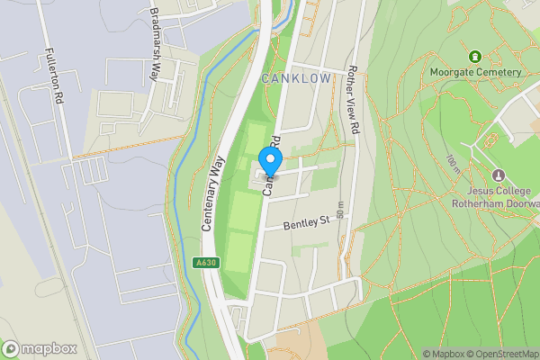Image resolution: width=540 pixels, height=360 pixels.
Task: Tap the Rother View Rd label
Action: pyautogui.click(x=353, y=102)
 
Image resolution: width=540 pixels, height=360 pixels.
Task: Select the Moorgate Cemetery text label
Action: pyautogui.click(x=476, y=72)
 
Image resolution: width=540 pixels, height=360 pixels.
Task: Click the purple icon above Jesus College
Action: pyautogui.click(x=500, y=175)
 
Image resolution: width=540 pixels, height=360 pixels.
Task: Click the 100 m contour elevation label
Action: pyautogui.click(x=451, y=164)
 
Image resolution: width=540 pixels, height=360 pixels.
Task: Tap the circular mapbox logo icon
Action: pyautogui.click(x=11, y=348)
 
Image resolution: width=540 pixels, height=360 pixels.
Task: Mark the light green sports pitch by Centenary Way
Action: pyautogui.click(x=241, y=216)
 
